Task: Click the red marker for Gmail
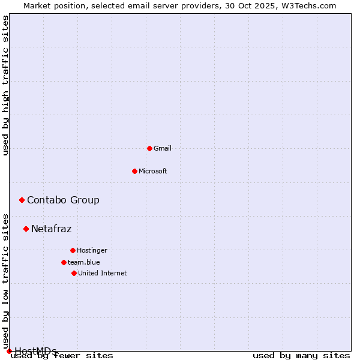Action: click(149, 148)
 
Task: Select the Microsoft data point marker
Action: click(134, 171)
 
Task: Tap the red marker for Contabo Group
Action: click(22, 200)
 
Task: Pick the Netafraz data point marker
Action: click(26, 229)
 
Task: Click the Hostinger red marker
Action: click(73, 250)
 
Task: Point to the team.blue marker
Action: click(64, 262)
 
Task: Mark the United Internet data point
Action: click(74, 273)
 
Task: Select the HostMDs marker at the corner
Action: click(9, 351)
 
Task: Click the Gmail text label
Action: click(163, 148)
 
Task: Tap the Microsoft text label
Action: click(153, 171)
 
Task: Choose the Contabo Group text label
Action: click(63, 200)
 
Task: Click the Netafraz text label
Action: click(51, 229)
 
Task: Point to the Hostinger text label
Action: click(92, 250)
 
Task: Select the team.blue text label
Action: click(84, 262)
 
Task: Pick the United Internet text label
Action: click(102, 273)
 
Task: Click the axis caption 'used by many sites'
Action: click(301, 355)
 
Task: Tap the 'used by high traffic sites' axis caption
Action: click(5, 86)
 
